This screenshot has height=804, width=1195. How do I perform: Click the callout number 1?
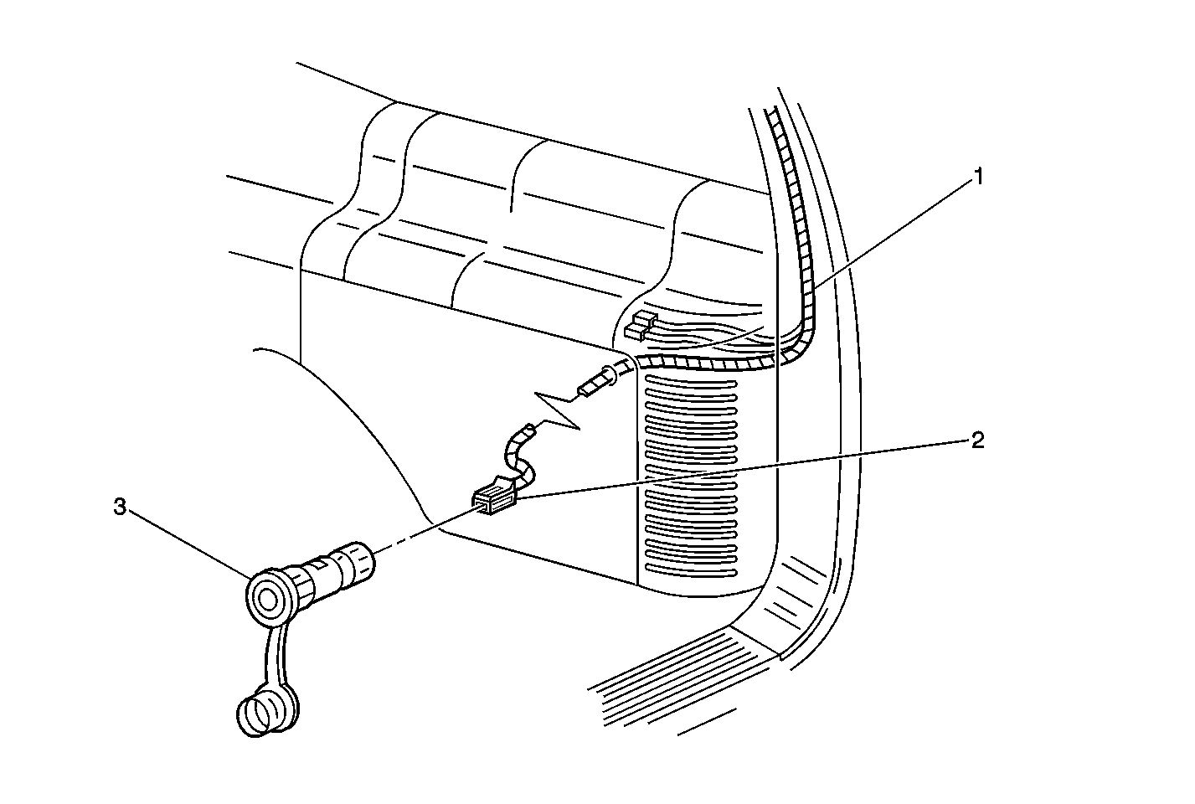click(976, 177)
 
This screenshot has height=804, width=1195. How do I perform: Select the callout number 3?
click(121, 507)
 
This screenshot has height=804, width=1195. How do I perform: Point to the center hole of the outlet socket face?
click(269, 599)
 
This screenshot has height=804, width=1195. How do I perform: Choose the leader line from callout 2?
click(745, 469)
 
